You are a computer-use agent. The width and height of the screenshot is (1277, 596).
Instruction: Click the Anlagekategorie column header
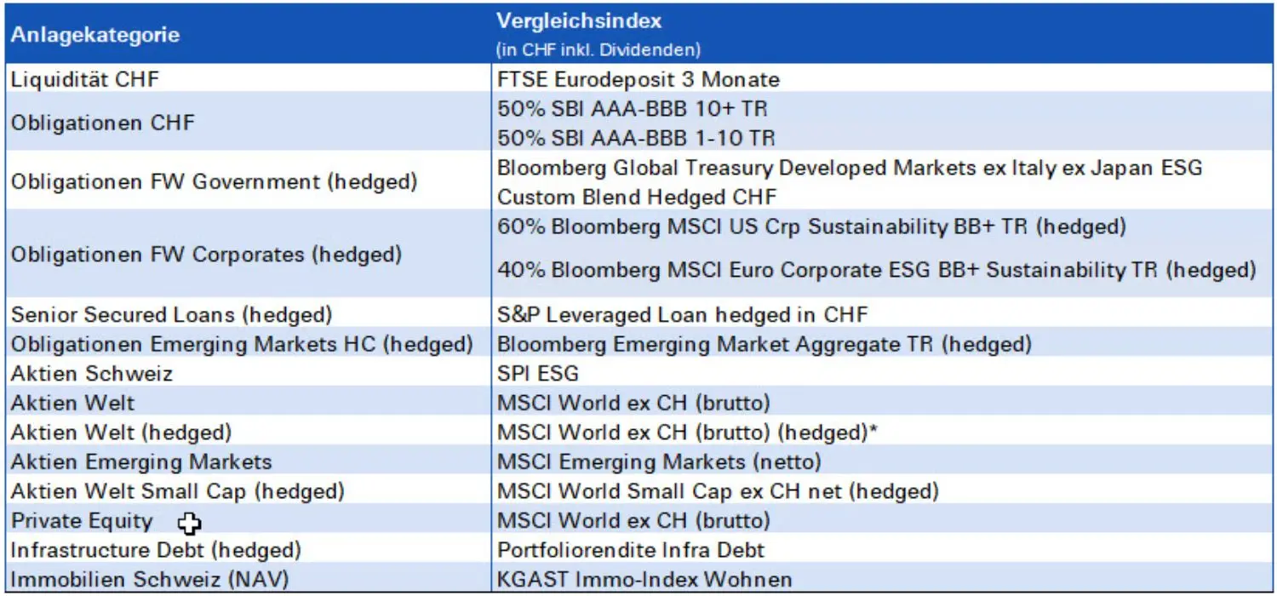point(94,35)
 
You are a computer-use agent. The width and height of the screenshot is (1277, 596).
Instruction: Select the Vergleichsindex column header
point(579,21)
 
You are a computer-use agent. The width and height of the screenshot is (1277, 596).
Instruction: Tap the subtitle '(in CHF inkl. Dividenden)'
point(598,49)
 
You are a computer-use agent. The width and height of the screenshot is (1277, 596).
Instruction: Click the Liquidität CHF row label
point(84,80)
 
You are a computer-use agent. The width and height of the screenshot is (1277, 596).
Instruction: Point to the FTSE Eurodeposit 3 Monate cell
point(638,80)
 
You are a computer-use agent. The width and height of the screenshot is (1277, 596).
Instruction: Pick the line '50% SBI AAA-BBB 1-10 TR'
point(636,137)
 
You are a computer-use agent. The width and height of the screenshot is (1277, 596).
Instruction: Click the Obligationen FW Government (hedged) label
point(214,181)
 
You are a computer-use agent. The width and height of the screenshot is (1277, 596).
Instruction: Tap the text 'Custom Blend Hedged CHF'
point(637,197)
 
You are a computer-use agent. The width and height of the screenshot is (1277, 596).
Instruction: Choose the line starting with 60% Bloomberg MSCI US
point(811,226)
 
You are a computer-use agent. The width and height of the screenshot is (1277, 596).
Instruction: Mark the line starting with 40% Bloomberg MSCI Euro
point(876,270)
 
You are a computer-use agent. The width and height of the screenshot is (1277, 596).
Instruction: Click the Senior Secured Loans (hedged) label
point(171,314)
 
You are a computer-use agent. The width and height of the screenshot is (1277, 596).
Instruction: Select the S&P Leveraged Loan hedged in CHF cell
point(682,314)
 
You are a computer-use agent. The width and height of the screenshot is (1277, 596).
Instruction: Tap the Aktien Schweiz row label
point(91,373)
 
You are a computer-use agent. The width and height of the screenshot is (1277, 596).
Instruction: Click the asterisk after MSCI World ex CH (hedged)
point(873,431)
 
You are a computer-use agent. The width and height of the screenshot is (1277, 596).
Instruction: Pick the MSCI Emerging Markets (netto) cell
point(659,461)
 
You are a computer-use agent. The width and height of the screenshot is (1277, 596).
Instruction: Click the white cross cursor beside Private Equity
point(190,523)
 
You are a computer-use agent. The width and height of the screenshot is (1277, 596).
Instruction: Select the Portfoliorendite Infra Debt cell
point(631,550)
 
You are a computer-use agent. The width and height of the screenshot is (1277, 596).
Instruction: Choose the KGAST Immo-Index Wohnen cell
point(644,580)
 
